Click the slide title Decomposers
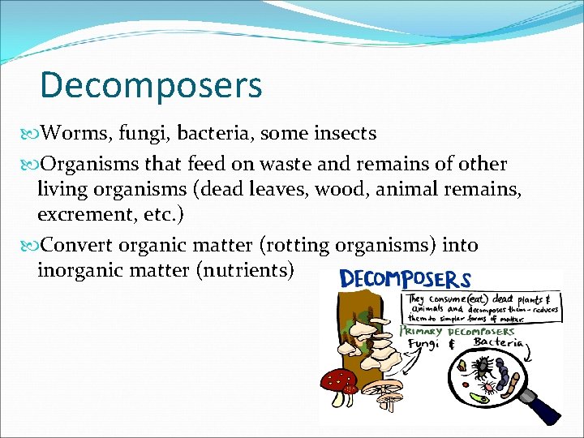(x=151, y=85)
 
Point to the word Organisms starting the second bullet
(x=90, y=165)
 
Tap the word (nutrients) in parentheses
(x=244, y=269)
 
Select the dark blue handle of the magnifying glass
(x=543, y=406)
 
